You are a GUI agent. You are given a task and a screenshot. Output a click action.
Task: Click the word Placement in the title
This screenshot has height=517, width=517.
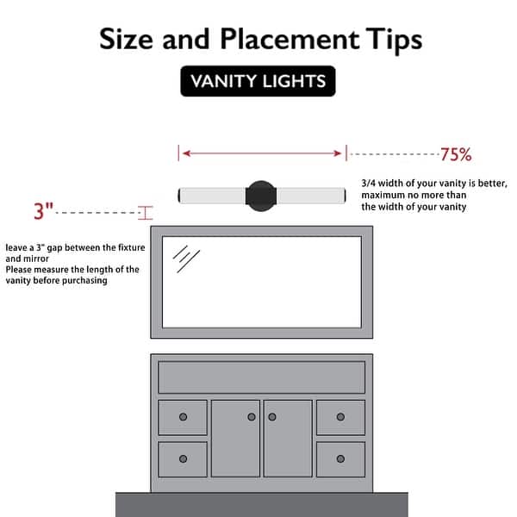[289, 39]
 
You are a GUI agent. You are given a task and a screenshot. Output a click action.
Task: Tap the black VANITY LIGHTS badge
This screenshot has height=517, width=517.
[258, 81]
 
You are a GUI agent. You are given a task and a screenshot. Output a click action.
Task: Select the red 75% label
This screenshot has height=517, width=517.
[456, 154]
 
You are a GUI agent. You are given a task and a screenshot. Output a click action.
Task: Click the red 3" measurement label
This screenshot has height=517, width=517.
[43, 211]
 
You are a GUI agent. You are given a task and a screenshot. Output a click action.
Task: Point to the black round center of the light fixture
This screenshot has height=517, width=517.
[261, 196]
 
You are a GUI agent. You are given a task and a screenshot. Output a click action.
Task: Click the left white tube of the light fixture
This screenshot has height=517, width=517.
[212, 196]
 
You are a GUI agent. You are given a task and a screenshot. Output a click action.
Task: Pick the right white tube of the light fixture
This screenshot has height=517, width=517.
[311, 196]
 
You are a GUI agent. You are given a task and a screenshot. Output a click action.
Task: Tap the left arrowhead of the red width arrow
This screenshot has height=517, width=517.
[187, 153]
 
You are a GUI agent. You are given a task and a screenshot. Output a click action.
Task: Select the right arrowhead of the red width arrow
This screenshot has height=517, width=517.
[337, 153]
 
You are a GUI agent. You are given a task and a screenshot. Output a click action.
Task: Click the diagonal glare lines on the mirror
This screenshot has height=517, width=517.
[186, 258]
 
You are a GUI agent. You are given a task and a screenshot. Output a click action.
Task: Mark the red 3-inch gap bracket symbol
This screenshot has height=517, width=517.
[146, 213]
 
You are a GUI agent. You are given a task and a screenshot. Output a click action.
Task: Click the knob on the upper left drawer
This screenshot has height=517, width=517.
[183, 417]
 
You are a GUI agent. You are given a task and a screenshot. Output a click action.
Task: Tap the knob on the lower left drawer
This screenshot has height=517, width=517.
[183, 458]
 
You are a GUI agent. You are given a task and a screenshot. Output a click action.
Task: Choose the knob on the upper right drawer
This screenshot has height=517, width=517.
[340, 417]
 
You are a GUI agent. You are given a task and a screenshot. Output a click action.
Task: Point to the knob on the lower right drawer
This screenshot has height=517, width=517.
[340, 458]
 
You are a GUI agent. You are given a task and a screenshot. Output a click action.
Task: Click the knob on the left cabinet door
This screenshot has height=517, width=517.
[252, 417]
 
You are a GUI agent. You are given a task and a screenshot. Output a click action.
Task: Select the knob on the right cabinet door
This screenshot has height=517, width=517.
[272, 417]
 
